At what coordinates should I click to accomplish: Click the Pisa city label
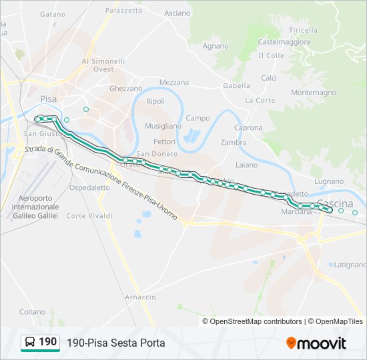point(49,98)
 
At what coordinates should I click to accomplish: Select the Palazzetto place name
point(123,11)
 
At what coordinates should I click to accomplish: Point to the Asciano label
point(177,13)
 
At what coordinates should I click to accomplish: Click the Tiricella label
point(304,31)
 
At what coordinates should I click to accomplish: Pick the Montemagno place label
point(314,93)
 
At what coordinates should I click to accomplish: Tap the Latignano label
point(350,265)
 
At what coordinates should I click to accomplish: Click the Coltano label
point(32,311)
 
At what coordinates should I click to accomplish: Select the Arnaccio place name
point(140,297)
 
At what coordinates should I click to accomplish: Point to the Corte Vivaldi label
point(89,216)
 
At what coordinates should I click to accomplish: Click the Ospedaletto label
point(89,188)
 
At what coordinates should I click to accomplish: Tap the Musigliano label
point(163,125)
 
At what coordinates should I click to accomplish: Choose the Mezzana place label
point(173,83)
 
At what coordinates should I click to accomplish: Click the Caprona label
point(248,127)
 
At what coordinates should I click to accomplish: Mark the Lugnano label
point(329,181)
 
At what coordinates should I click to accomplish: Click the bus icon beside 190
point(30,343)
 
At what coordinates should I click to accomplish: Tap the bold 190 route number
point(48,342)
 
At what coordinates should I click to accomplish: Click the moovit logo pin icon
point(291,343)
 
